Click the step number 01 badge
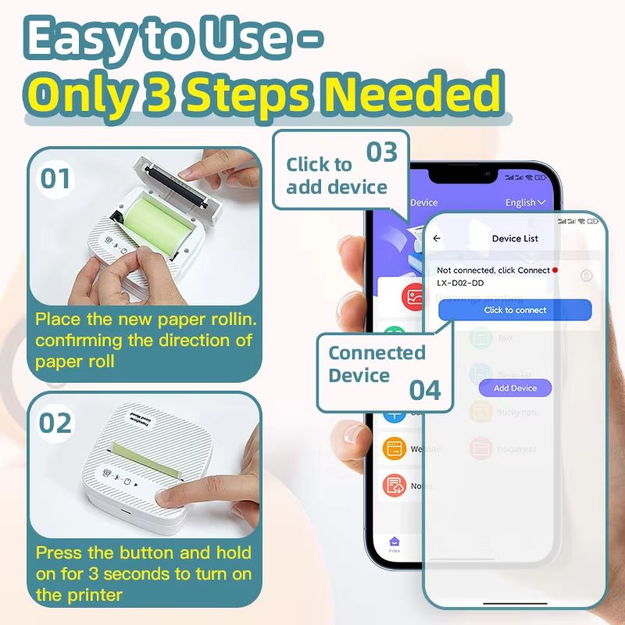(x=55, y=179)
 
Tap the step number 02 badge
(x=55, y=423)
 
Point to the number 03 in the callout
(x=382, y=152)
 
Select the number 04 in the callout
(x=426, y=389)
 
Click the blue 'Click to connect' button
(x=515, y=310)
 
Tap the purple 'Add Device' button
(x=515, y=388)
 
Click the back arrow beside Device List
(x=437, y=238)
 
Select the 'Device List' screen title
(x=515, y=238)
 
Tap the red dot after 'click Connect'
(x=555, y=270)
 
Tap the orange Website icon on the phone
(x=395, y=449)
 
